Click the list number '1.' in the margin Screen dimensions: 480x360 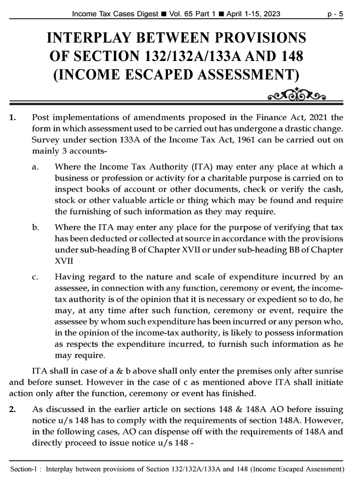coord(13,118)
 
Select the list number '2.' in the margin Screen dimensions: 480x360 coord(13,409)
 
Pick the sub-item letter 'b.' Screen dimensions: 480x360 coord(36,227)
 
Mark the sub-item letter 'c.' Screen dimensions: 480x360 coord(36,277)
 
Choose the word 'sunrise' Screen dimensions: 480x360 coord(327,372)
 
